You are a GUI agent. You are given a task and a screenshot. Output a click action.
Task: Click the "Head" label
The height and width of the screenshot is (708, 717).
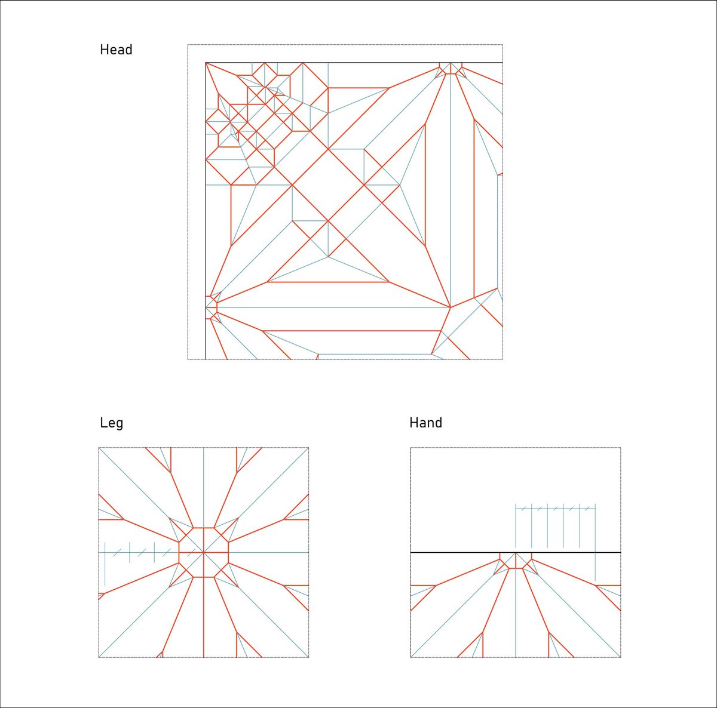pos(116,50)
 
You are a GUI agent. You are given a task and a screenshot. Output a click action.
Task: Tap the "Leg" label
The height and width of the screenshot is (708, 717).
pos(111,423)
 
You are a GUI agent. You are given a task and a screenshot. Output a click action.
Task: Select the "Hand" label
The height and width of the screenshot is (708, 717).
pos(425,423)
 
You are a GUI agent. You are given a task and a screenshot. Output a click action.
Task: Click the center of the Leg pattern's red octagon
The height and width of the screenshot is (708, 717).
pos(204,553)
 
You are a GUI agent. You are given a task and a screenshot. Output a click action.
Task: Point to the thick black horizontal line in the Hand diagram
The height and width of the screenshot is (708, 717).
pos(515,553)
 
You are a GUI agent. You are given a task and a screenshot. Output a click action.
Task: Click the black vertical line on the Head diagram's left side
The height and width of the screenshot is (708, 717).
pos(206,211)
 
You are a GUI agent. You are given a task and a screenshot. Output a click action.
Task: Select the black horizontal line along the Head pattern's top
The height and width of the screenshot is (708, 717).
pos(354,63)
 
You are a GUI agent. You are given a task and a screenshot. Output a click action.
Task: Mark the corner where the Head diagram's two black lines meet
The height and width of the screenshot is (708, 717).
pos(206,63)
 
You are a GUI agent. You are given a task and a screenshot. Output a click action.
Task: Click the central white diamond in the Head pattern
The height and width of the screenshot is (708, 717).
pos(328,185)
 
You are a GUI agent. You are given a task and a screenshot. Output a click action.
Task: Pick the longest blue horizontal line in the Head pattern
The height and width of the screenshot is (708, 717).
pos(334,307)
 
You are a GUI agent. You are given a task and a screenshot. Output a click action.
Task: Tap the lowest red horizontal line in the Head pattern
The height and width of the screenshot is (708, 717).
pos(351,331)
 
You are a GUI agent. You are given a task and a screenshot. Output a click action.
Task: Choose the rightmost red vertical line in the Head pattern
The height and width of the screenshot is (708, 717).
pos(474,208)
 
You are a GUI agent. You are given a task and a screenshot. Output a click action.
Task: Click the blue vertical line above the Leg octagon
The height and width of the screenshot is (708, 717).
pos(204,488)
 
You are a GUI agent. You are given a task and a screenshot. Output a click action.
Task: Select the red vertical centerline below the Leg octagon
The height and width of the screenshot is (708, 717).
pos(204,617)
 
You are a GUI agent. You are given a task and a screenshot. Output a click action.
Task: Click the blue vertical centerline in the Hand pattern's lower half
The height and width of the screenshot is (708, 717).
pos(516,605)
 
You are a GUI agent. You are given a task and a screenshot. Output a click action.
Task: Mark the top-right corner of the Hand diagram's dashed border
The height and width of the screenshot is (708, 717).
pos(621,448)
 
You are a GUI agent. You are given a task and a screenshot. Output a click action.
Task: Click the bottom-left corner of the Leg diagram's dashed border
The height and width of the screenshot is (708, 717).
pos(99,657)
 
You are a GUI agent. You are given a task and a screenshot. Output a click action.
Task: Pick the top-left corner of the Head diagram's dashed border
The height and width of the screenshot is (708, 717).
pos(188,45)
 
